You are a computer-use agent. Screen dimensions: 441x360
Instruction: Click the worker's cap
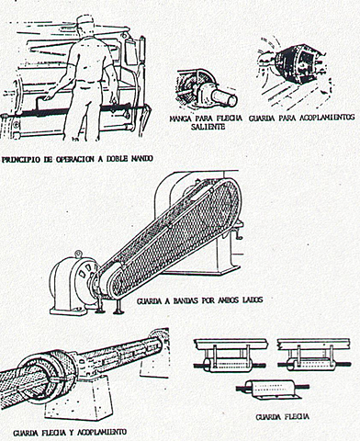click(x=86, y=20)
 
